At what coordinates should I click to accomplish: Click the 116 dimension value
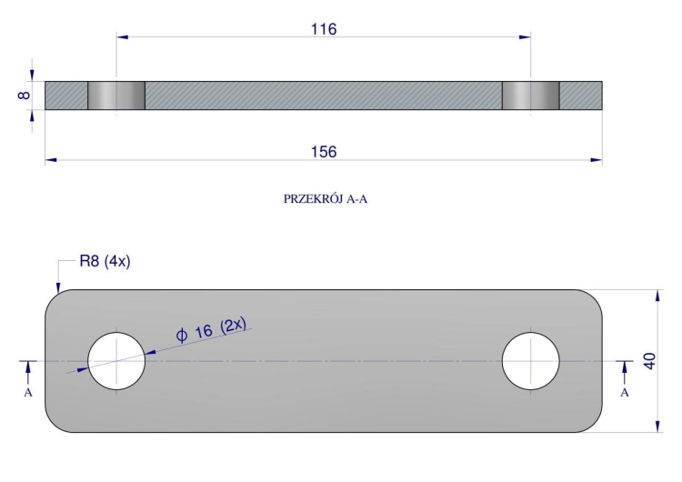pyautogui.click(x=324, y=29)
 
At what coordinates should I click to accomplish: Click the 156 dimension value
pyautogui.click(x=324, y=152)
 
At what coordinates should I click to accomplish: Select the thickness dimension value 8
pyautogui.click(x=25, y=95)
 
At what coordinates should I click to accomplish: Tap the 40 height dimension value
pyautogui.click(x=649, y=361)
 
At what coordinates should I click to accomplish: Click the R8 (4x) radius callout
pyautogui.click(x=105, y=261)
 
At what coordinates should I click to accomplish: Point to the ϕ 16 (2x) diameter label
pyautogui.click(x=211, y=330)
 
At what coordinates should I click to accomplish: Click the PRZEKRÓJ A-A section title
pyautogui.click(x=326, y=199)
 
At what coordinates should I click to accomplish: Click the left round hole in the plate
pyautogui.click(x=116, y=361)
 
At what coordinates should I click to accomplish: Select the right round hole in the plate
pyautogui.click(x=531, y=361)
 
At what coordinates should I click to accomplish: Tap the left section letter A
pyautogui.click(x=28, y=393)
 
